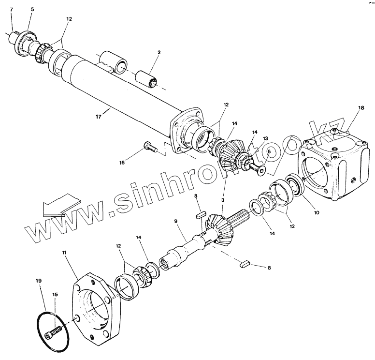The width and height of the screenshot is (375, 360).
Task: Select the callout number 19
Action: (x=38, y=281)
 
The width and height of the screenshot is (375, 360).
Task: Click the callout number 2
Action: (x=159, y=52)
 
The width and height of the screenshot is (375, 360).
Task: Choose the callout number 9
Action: (x=176, y=221)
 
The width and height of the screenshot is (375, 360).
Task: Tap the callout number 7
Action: (x=12, y=10)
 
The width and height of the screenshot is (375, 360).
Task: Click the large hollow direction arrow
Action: (x=60, y=206)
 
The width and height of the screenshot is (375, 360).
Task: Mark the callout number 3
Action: (x=223, y=200)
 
